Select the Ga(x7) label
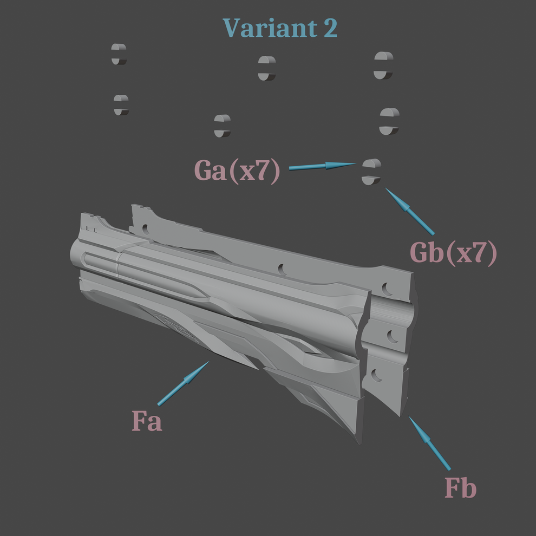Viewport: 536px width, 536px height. (237, 171)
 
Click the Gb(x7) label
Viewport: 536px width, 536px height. (453, 253)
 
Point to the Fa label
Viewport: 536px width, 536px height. (147, 421)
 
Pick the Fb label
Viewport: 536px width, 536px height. (460, 488)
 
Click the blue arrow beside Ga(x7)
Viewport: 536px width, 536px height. (322, 166)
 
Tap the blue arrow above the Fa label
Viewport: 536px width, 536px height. (184, 383)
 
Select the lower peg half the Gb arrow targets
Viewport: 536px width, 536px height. (371, 180)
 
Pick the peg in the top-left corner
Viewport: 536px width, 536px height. (119, 54)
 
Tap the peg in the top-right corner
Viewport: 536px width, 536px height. (383, 66)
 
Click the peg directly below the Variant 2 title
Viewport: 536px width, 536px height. (266, 68)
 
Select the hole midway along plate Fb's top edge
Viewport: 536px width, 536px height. (282, 269)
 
